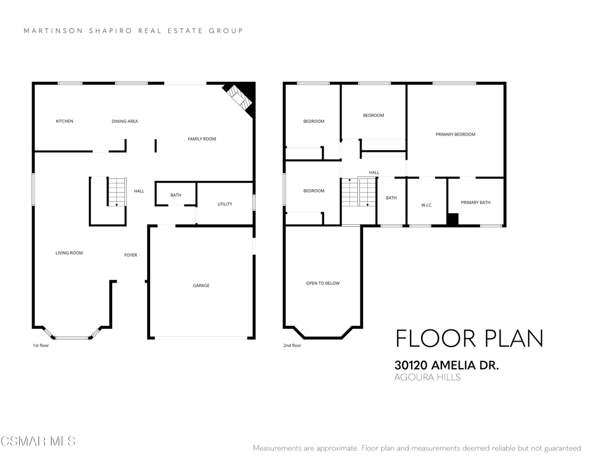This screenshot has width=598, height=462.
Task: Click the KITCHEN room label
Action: [x=64, y=121]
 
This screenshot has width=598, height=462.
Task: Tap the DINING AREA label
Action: [x=125, y=121]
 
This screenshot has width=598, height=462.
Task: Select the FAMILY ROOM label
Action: [x=201, y=139]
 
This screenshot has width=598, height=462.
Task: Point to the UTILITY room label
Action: [x=225, y=204]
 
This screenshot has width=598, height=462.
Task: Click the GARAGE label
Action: [x=201, y=286]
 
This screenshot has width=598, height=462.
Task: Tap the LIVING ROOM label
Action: [x=69, y=253]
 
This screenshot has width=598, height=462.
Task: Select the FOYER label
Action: [x=131, y=255]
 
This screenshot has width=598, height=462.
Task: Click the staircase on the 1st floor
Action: [x=117, y=192]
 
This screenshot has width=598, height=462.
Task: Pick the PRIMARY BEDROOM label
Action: [x=456, y=134]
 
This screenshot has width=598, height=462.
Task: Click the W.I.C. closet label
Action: [x=427, y=205]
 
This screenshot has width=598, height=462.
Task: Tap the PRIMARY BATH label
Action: [x=475, y=203]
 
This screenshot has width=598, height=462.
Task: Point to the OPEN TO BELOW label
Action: [x=322, y=283]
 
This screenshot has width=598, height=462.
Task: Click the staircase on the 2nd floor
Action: [x=359, y=192]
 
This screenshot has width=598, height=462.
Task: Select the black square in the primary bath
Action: [x=453, y=219]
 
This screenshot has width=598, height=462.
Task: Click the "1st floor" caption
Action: [x=41, y=346]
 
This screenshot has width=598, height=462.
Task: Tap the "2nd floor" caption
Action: [x=292, y=346]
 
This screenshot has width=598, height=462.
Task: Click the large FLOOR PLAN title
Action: [x=470, y=338]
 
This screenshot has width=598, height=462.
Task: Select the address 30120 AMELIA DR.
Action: [x=447, y=365]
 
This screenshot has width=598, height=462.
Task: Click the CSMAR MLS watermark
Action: [x=38, y=442]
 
